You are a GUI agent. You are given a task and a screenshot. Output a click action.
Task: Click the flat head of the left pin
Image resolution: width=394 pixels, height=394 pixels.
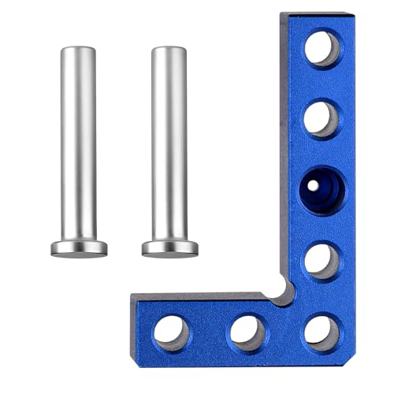pyautogui.click(x=80, y=247)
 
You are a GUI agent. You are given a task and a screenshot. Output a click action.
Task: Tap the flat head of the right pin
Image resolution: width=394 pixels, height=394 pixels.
pyautogui.click(x=169, y=247)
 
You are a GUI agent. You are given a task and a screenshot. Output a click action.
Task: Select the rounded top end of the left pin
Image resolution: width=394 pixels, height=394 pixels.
pyautogui.click(x=78, y=50)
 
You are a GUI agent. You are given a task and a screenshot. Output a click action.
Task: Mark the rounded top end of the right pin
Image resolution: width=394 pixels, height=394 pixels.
pyautogui.click(x=169, y=50)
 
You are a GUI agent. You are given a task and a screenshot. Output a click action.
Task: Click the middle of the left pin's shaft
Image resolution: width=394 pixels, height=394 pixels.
pyautogui.click(x=79, y=142)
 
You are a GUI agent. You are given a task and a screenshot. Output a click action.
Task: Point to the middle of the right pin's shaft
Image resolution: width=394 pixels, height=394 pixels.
pyautogui.click(x=169, y=142)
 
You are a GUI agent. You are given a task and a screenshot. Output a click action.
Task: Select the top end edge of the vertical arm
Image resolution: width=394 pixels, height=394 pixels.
pyautogui.click(x=315, y=14)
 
